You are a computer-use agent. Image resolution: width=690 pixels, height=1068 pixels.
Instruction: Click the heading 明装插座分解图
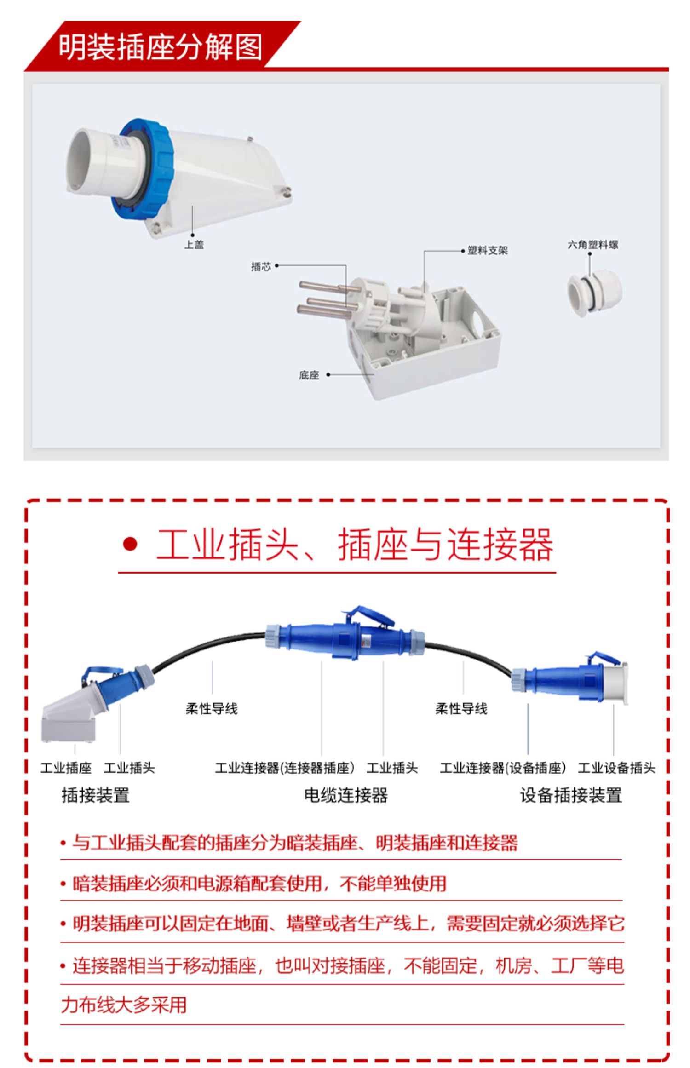160,47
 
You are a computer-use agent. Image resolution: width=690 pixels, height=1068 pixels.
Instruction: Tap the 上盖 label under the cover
194,245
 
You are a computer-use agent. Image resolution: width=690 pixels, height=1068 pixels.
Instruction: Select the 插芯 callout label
261,266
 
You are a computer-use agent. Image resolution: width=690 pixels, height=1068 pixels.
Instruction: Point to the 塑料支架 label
488,251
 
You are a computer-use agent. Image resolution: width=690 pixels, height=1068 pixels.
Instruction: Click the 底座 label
309,375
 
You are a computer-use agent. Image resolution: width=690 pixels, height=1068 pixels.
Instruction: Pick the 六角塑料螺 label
592,245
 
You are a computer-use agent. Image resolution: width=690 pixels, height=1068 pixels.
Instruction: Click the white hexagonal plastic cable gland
594,294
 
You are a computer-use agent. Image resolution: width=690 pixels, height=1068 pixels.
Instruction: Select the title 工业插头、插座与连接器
354,545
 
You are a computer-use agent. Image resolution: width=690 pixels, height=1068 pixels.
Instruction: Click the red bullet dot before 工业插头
130,545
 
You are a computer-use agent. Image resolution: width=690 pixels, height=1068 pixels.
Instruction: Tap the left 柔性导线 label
212,709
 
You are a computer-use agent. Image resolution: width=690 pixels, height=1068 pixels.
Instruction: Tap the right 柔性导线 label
461,709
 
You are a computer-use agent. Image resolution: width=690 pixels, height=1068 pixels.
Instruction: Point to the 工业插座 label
66,768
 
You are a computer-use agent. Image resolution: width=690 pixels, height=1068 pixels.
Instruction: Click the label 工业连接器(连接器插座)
285,768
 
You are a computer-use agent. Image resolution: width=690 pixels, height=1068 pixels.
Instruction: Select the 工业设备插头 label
616,768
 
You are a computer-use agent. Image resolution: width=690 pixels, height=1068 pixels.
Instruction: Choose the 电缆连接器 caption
346,795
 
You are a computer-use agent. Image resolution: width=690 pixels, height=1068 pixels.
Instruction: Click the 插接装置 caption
96,795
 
